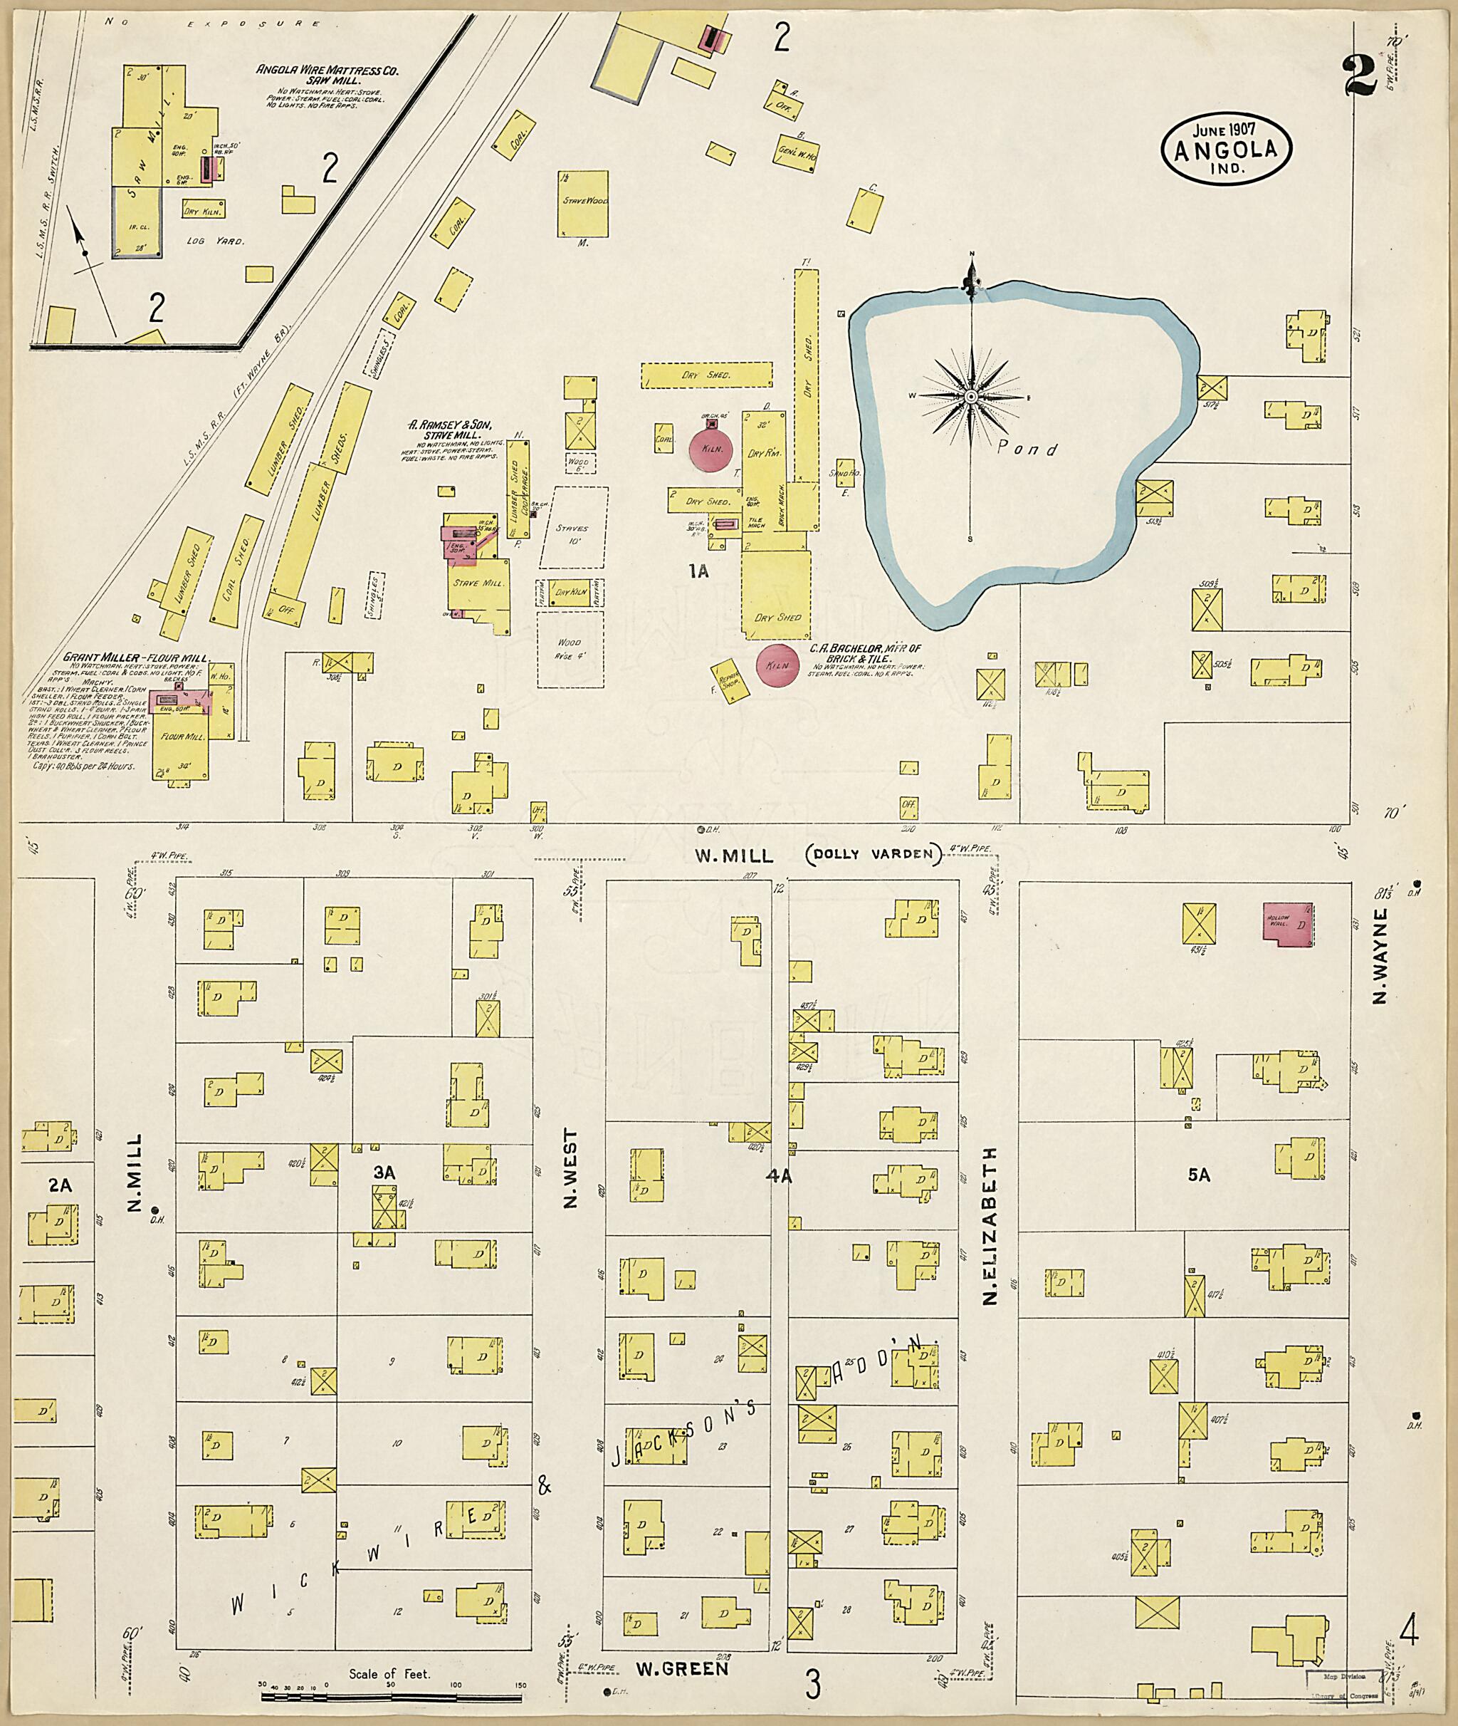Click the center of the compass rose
[x=971, y=397]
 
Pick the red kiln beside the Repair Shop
[x=777, y=664]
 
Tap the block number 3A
[x=384, y=1172]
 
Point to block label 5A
[x=1198, y=1175]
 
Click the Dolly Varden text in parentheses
[x=873, y=855]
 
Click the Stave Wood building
[x=584, y=204]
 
